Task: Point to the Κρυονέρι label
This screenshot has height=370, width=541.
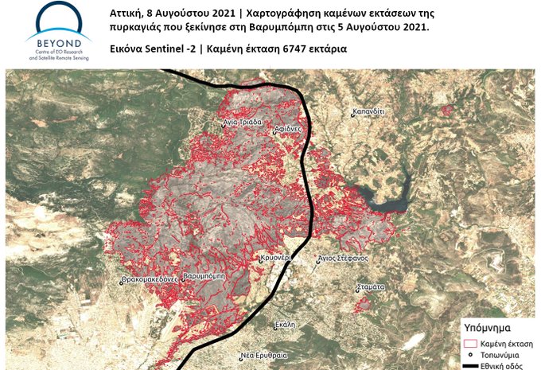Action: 278,259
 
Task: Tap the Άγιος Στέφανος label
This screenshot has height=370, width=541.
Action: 340,259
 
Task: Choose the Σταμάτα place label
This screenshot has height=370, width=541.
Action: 372,284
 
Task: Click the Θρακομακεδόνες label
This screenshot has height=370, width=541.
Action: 147,281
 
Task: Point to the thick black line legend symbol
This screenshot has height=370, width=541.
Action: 470,364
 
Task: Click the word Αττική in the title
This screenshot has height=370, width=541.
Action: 126,14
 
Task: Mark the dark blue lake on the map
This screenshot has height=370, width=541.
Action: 381,197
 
